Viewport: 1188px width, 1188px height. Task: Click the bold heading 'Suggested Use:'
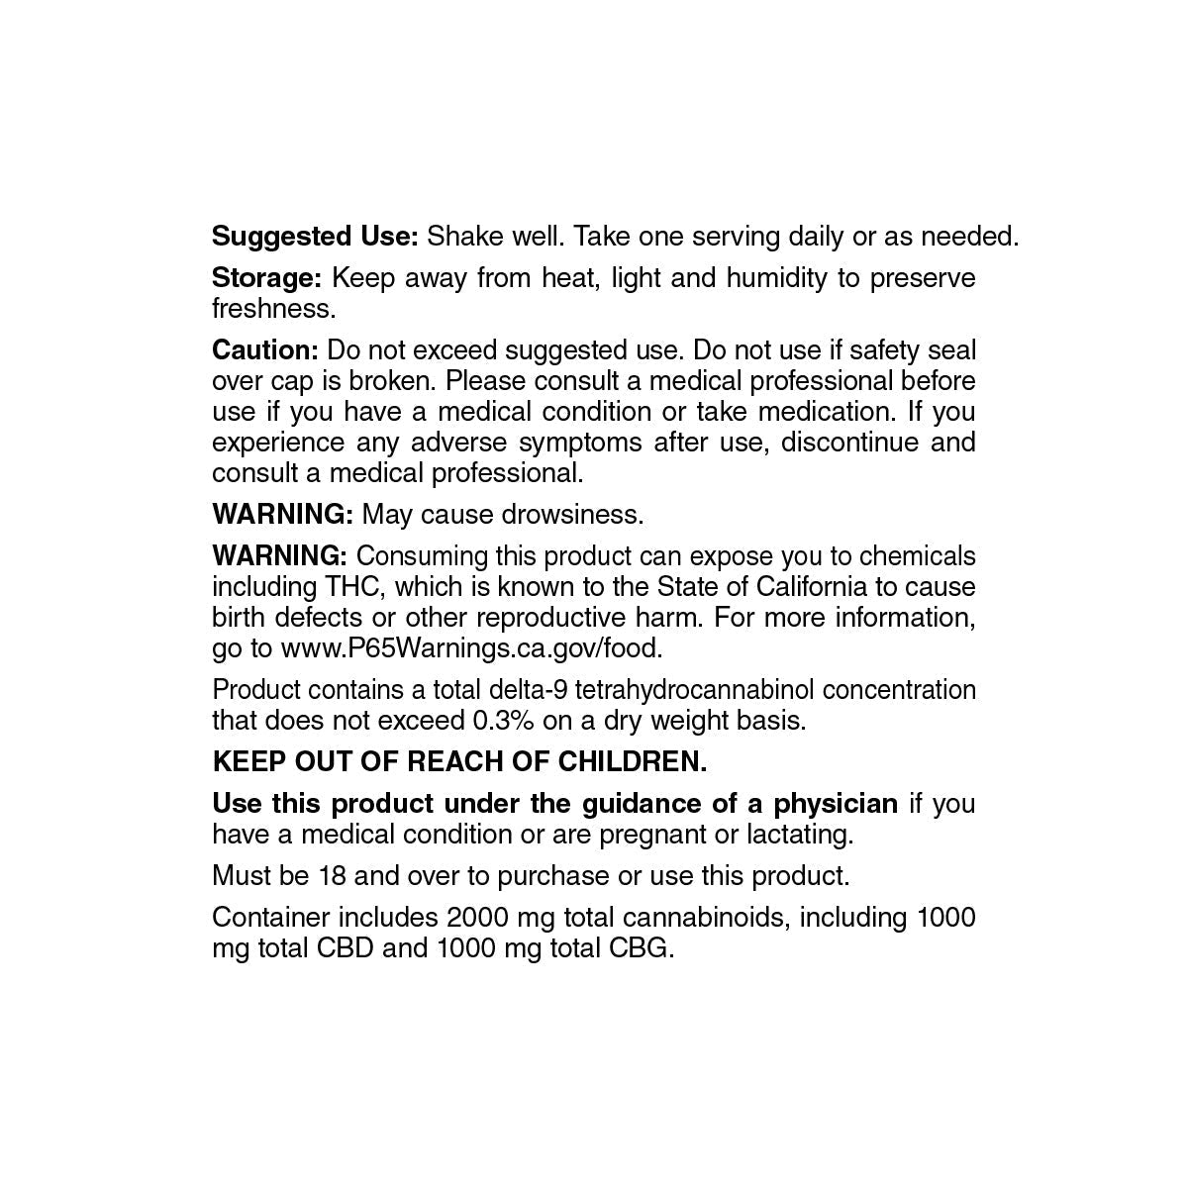click(x=316, y=238)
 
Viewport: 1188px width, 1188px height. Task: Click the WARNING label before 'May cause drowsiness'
click(x=282, y=515)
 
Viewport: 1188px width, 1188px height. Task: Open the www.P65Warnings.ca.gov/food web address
click(x=471, y=648)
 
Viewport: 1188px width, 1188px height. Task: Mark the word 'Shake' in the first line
click(x=463, y=238)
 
